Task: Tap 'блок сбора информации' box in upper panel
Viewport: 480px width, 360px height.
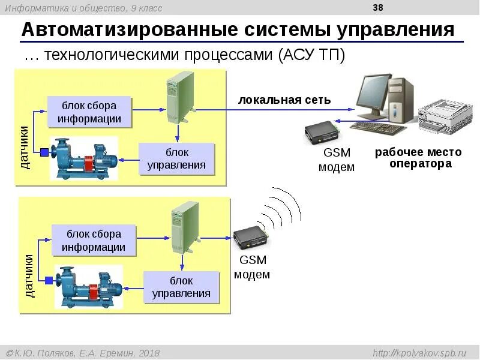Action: [x=89, y=112]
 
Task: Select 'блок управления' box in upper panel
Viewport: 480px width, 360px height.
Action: [x=176, y=158]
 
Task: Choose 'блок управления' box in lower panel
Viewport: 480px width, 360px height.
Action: [x=181, y=287]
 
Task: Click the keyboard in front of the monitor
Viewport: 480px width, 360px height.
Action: [x=377, y=127]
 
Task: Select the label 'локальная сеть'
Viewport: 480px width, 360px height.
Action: [x=284, y=100]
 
